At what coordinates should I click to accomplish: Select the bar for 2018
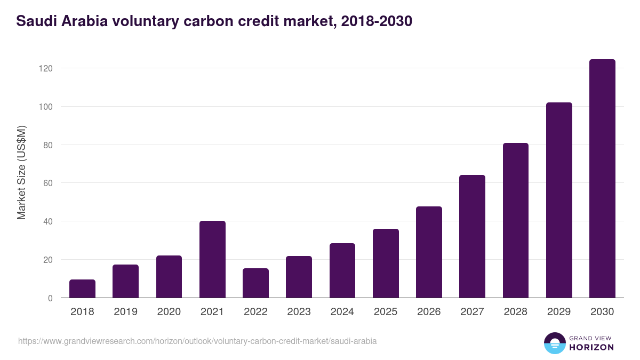(x=82, y=289)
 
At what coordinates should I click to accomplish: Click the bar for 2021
(x=212, y=259)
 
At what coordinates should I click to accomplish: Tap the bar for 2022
(x=255, y=283)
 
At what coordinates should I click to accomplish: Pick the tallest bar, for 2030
(x=602, y=179)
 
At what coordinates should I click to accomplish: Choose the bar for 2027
(x=472, y=236)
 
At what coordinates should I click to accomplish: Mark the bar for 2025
(x=386, y=263)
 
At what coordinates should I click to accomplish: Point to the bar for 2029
(x=559, y=200)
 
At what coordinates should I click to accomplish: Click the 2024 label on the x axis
(x=342, y=312)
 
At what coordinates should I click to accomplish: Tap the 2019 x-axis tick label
(x=125, y=312)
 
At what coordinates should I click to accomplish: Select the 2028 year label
(x=515, y=312)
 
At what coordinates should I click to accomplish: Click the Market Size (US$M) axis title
(x=21, y=172)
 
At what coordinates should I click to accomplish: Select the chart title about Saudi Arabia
(x=213, y=21)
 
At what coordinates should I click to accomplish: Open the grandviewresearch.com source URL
(x=197, y=341)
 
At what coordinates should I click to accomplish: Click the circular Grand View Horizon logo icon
(x=554, y=343)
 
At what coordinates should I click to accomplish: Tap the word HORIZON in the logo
(x=591, y=347)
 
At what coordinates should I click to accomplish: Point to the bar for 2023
(x=299, y=277)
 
